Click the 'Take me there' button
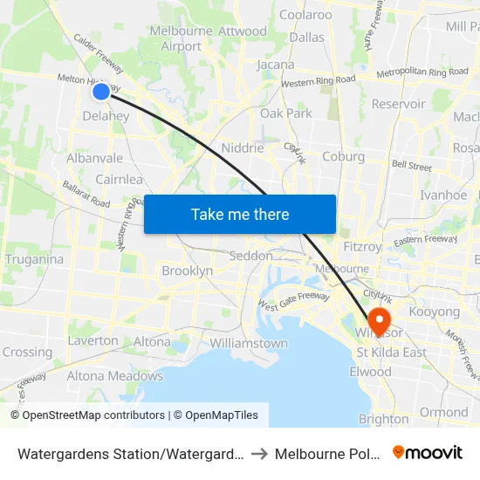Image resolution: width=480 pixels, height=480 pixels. pos(240,214)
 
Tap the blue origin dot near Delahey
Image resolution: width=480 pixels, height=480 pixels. pos(101,91)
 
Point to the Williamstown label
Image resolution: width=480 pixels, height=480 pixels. pos(249,343)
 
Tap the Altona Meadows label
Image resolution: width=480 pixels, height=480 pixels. pos(115,376)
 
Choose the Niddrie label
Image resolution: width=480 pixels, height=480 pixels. pos(243,147)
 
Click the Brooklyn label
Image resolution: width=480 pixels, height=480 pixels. pos(188,271)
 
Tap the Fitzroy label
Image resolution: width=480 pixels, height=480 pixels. pos(363,247)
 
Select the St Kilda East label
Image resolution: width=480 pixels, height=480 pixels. pos(392,353)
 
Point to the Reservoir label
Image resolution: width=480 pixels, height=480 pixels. pos(398,104)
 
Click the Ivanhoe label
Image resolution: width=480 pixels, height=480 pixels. pos(443,195)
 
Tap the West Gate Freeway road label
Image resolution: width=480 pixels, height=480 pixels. pos(292,300)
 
